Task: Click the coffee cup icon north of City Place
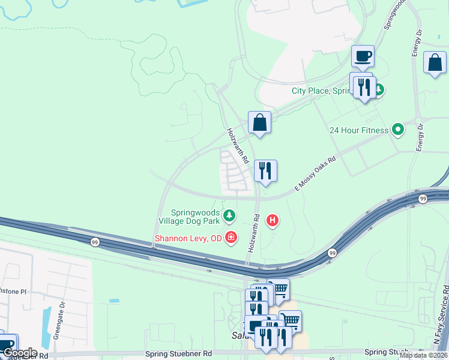(x=363, y=56)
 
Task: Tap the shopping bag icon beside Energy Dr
(x=435, y=62)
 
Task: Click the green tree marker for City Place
(x=379, y=91)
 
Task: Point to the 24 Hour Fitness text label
(x=358, y=130)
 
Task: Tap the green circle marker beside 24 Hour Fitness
(x=397, y=129)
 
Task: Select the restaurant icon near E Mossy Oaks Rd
(x=265, y=171)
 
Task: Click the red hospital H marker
(x=273, y=221)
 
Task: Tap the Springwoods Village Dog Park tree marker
(x=229, y=215)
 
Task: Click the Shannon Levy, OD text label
(x=188, y=238)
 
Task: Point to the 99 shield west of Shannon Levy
(x=95, y=242)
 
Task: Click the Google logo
(x=19, y=353)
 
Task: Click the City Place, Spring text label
(x=321, y=91)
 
